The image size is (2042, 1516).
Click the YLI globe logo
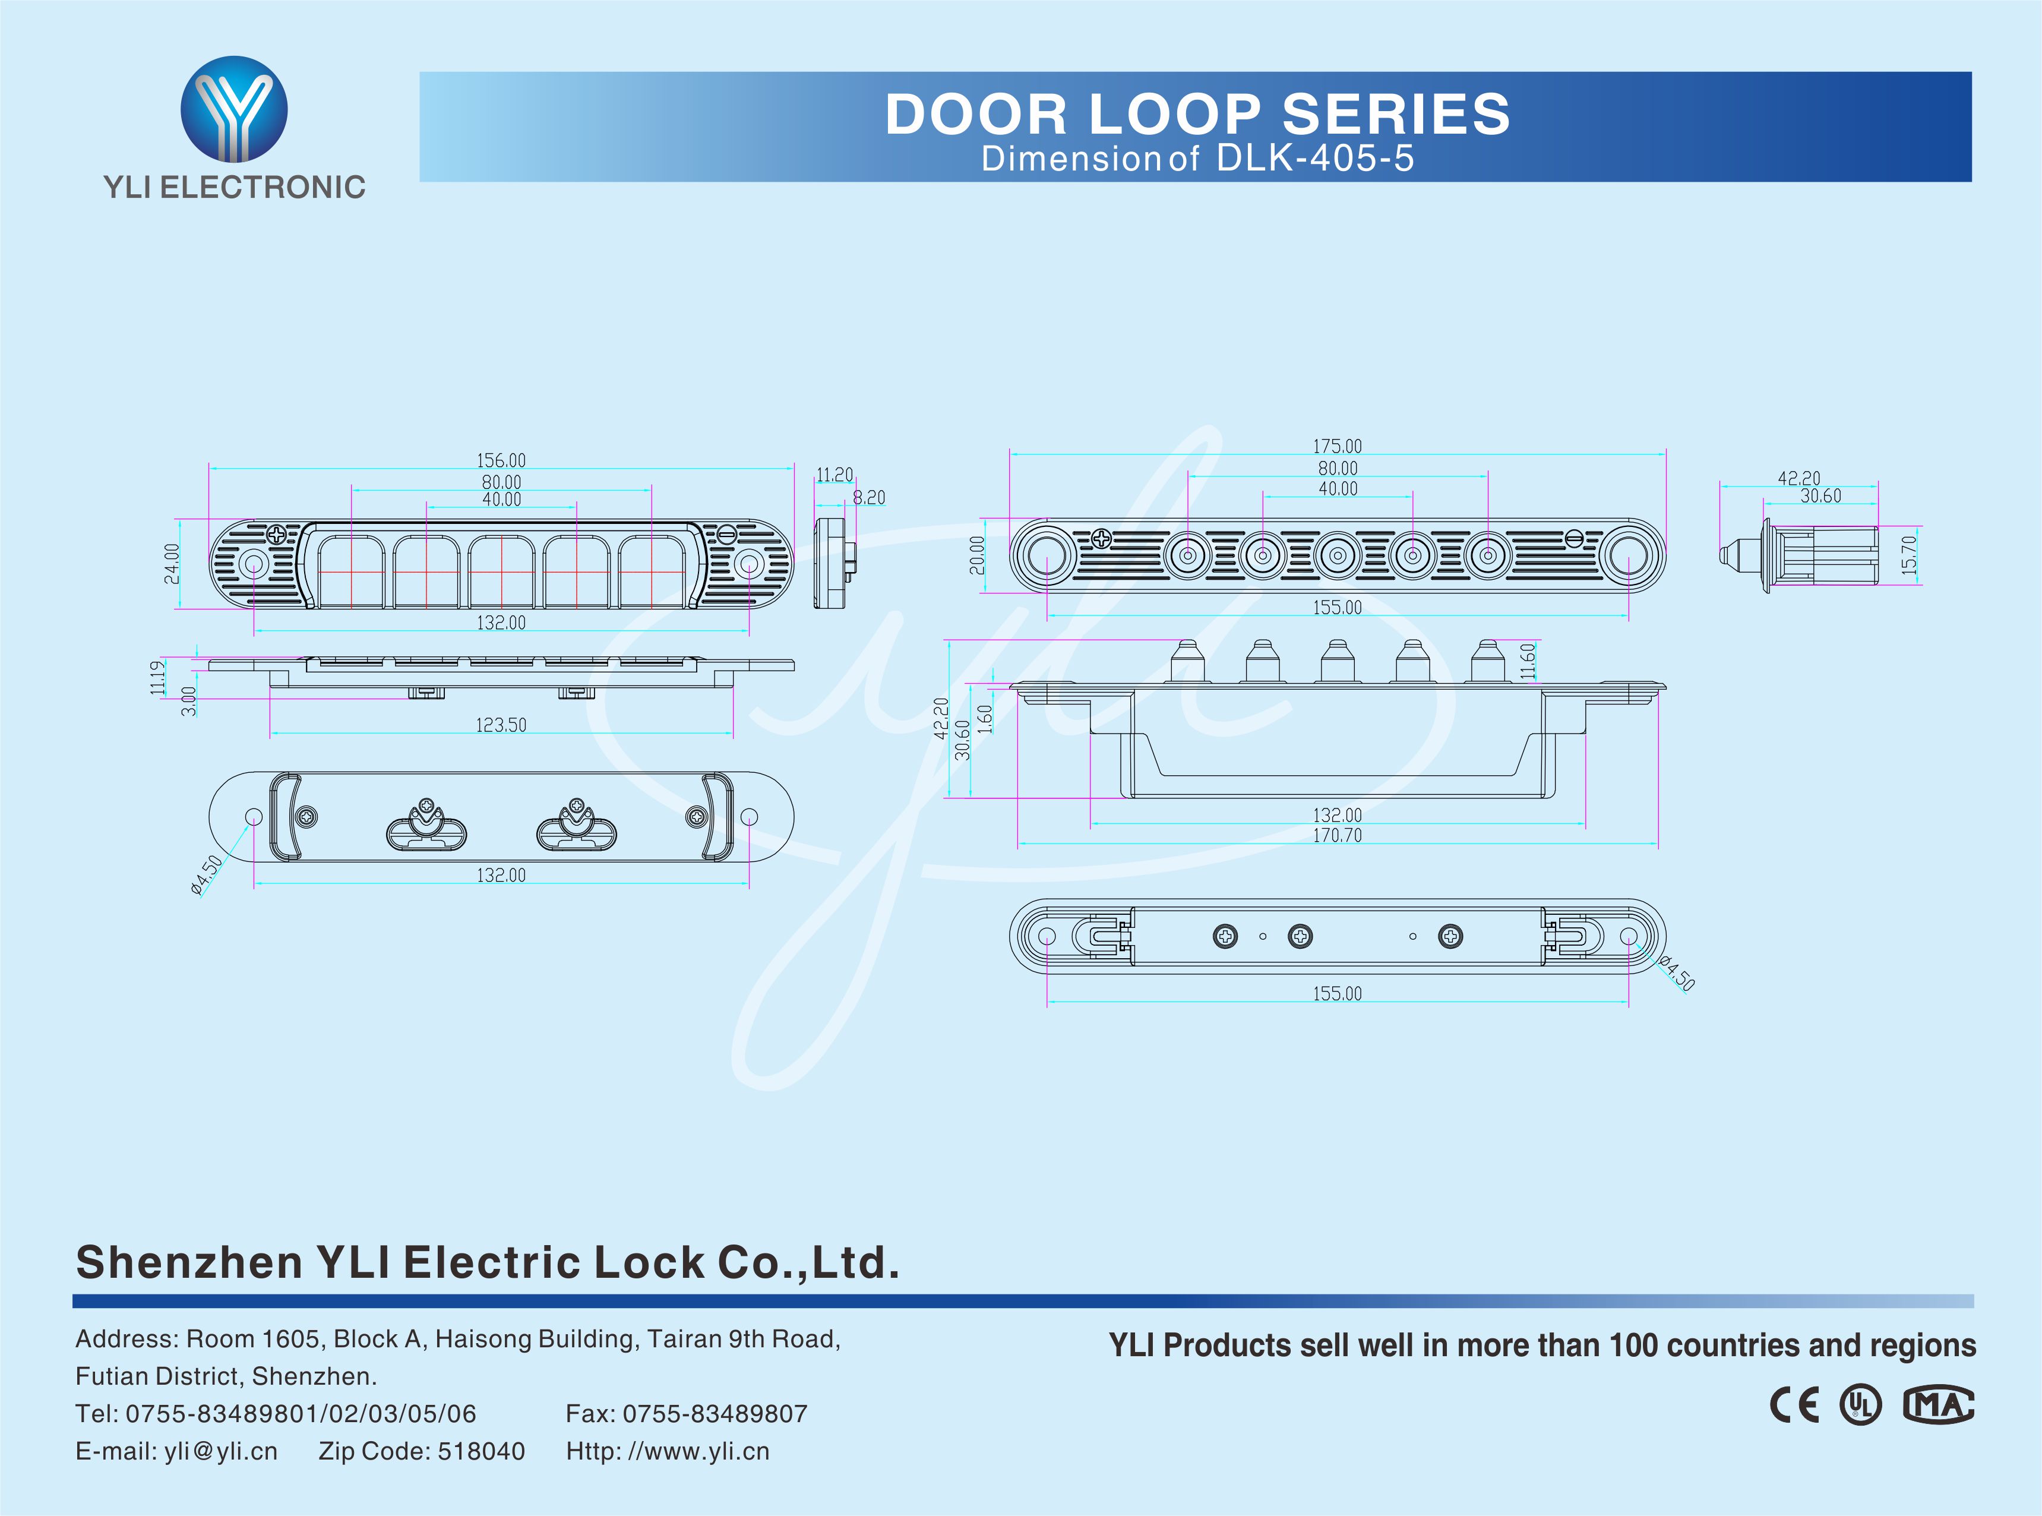234,109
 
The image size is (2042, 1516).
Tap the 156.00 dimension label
501,460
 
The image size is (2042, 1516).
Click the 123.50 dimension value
501,725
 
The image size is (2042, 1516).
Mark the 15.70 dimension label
1909,555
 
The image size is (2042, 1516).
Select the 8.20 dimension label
869,497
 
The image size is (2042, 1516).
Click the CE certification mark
1794,1405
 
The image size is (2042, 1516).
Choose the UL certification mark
1860,1405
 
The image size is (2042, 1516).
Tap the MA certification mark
1937,1405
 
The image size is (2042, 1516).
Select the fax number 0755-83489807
715,1413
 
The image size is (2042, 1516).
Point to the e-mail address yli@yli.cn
220,1451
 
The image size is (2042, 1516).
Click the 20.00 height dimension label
977,555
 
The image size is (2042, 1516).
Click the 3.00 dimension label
189,701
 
